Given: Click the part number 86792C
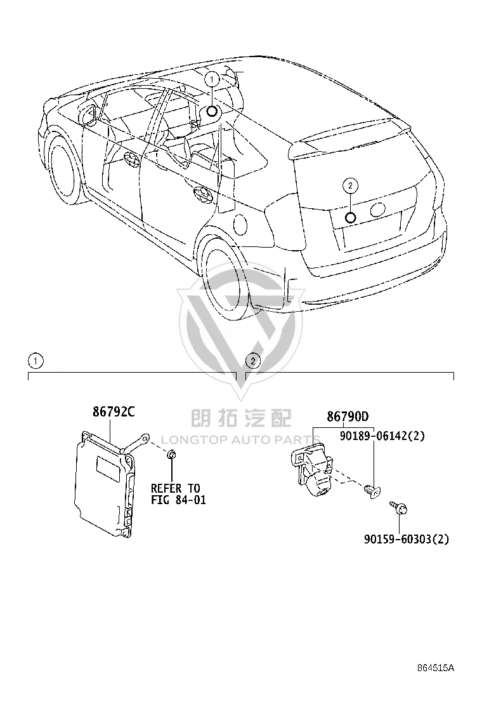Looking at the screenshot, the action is pos(114,411).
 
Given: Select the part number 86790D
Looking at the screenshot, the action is pos(348,416).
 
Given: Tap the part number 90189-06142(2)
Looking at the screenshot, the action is pos(382,436).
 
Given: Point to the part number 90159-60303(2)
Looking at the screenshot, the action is pos(407,538).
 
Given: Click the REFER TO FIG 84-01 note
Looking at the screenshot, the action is pos(178,494).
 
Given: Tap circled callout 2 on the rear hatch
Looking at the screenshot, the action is pos(350,185).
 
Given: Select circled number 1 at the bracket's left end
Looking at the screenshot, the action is pos(36,361).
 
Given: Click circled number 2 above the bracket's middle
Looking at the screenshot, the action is pos(253,361).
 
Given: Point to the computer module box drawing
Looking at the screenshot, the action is pos(104,484).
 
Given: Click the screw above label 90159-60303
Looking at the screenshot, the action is pos(399,508).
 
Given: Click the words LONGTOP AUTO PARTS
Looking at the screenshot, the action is pos(240,439).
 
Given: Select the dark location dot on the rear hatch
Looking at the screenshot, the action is pos(350,218).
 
